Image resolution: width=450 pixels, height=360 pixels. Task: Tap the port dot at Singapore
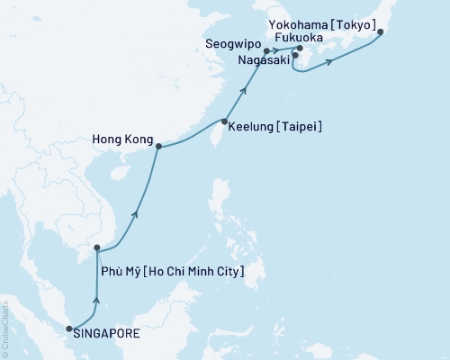[69, 329]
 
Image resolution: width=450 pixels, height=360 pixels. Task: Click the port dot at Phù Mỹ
[96, 247]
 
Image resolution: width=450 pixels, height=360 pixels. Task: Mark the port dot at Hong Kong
[159, 147]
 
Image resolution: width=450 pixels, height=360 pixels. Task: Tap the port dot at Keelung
[224, 121]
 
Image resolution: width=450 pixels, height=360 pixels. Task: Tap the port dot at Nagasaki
[295, 56]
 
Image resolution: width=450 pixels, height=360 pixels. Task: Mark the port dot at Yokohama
[381, 33]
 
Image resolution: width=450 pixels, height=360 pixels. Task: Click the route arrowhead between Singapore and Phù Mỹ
[97, 301]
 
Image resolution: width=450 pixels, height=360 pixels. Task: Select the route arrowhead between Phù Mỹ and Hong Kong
[135, 212]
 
